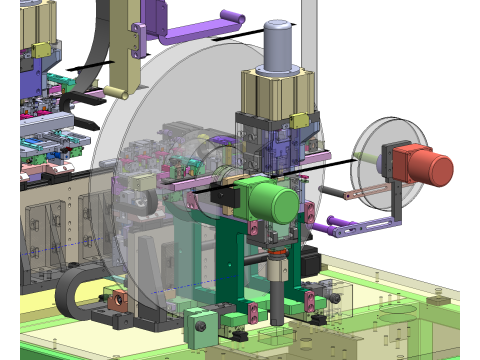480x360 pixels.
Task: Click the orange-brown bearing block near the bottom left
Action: [x=117, y=298]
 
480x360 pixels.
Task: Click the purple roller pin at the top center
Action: [x=232, y=17]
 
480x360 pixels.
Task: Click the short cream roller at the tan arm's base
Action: [x=114, y=92]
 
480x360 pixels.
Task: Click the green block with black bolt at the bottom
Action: [x=198, y=326]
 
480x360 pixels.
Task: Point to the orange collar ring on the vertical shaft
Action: [x=276, y=269]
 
